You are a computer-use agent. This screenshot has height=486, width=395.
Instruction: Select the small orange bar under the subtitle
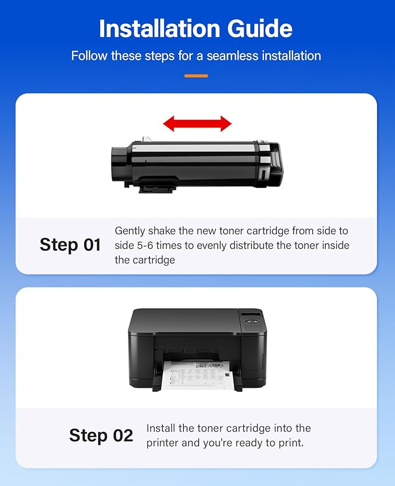(x=196, y=76)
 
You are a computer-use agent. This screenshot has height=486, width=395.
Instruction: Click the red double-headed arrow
(x=197, y=123)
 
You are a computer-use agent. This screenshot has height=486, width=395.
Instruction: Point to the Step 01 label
(x=70, y=245)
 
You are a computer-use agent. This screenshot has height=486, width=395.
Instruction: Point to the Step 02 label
(x=101, y=435)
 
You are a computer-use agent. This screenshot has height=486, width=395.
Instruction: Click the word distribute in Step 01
(x=251, y=245)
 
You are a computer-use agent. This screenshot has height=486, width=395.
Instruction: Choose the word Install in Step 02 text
(x=162, y=428)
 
